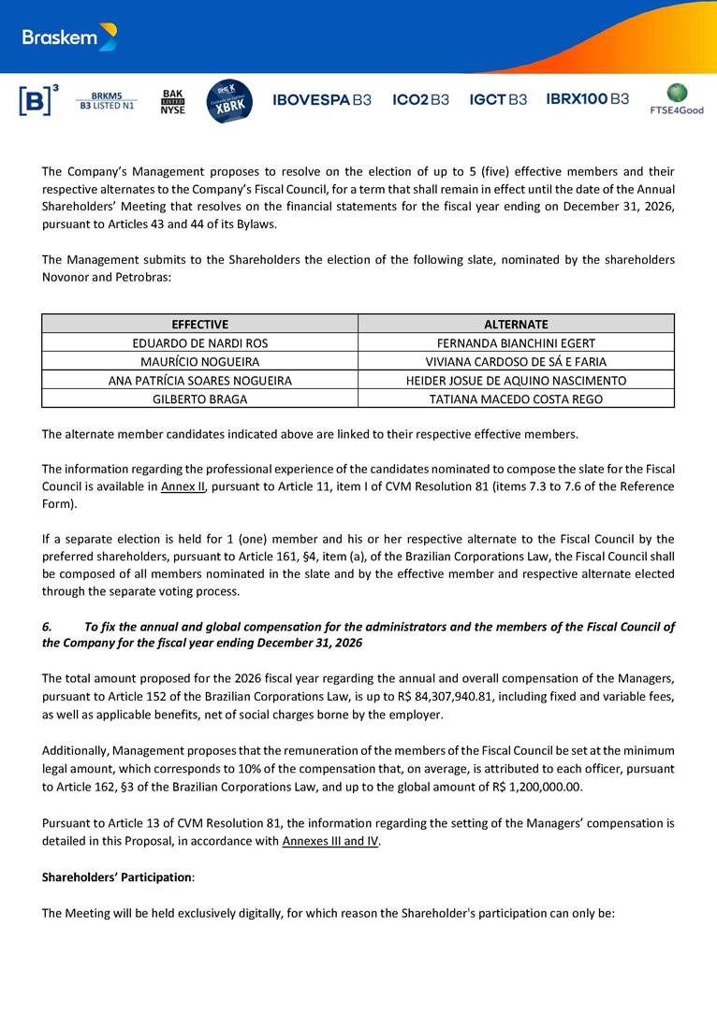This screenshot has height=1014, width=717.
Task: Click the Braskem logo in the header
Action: [70, 37]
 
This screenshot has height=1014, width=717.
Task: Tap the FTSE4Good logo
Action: [677, 99]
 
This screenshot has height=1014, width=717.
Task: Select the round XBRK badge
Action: [228, 100]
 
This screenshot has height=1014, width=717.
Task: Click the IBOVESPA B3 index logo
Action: [321, 99]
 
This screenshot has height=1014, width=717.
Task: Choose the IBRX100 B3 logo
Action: [587, 99]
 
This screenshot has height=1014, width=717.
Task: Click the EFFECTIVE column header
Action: [199, 324]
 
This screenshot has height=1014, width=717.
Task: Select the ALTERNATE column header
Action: [516, 324]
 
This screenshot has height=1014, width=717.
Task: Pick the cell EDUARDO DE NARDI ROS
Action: [199, 343]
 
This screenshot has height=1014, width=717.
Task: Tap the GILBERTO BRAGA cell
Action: [199, 399]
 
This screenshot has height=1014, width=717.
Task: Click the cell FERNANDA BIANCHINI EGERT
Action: [516, 343]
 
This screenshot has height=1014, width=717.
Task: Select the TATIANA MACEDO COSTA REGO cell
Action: [516, 399]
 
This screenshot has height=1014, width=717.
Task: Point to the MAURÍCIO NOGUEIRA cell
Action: [199, 362]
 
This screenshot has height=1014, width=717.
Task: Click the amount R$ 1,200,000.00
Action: [531, 788]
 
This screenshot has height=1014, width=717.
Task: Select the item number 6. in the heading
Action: [49, 627]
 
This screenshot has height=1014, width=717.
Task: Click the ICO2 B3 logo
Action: [420, 99]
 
